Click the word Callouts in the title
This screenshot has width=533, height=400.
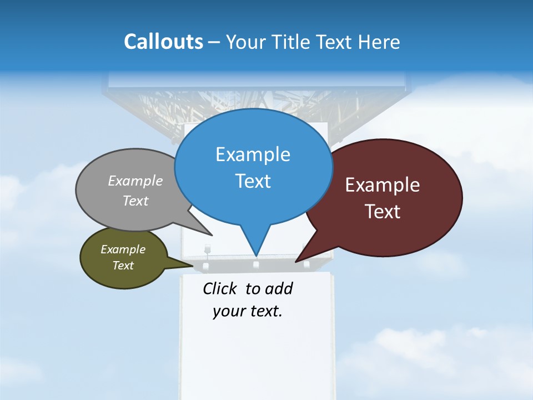point(163,42)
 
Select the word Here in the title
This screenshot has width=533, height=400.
point(380,42)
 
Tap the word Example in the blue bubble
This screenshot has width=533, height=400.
point(253,154)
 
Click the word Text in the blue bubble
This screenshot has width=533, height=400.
point(253,181)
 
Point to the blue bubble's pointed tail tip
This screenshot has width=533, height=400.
point(256,255)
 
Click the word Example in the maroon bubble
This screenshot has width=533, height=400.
point(383,185)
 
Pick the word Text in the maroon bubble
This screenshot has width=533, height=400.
point(383,212)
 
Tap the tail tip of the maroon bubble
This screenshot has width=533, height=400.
point(296,261)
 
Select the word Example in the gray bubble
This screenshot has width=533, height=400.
point(135,181)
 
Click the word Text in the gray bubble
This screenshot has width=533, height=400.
point(135,201)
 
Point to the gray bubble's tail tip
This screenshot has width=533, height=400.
point(212,235)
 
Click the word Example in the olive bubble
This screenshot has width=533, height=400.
point(123,249)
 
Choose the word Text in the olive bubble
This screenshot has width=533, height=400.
point(123,266)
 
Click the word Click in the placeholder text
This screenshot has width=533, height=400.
point(220,288)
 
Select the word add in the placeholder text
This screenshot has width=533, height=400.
point(279,288)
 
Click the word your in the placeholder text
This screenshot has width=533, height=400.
point(228,311)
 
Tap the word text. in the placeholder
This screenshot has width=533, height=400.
point(264,311)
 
